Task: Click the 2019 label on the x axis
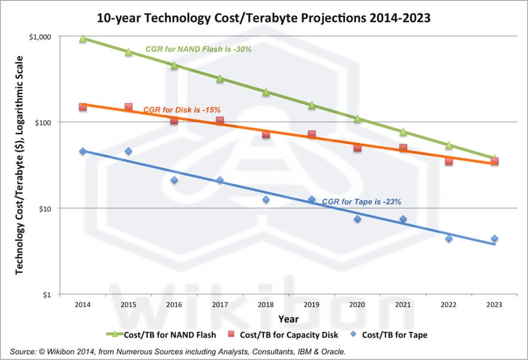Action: [311, 305]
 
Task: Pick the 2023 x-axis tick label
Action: [494, 305]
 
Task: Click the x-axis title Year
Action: [288, 319]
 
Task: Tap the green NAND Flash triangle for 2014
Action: [83, 38]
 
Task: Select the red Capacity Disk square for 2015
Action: [128, 107]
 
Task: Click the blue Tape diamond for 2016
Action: [174, 180]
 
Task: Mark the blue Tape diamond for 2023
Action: [494, 238]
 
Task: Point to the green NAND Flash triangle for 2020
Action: [358, 119]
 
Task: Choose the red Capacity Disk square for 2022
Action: [449, 161]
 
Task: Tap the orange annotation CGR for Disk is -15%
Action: [182, 110]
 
